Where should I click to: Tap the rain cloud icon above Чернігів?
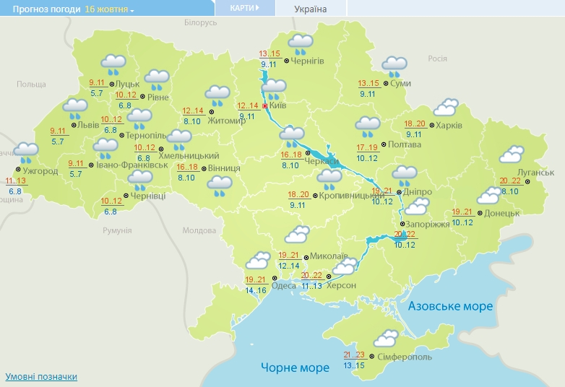point(301,44)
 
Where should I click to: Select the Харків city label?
point(449,125)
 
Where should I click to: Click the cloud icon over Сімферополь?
point(385,339)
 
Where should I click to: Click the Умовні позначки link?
point(41,377)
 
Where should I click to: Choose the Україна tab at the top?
point(311,9)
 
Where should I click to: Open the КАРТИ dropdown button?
point(245,8)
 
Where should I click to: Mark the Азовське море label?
point(450,306)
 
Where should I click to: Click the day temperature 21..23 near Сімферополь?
point(355,355)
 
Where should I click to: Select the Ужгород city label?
point(40,171)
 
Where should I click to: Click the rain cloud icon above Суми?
point(394,66)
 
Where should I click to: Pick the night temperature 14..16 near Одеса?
point(256,290)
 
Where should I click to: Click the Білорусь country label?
point(200,23)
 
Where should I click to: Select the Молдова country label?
point(199,230)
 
